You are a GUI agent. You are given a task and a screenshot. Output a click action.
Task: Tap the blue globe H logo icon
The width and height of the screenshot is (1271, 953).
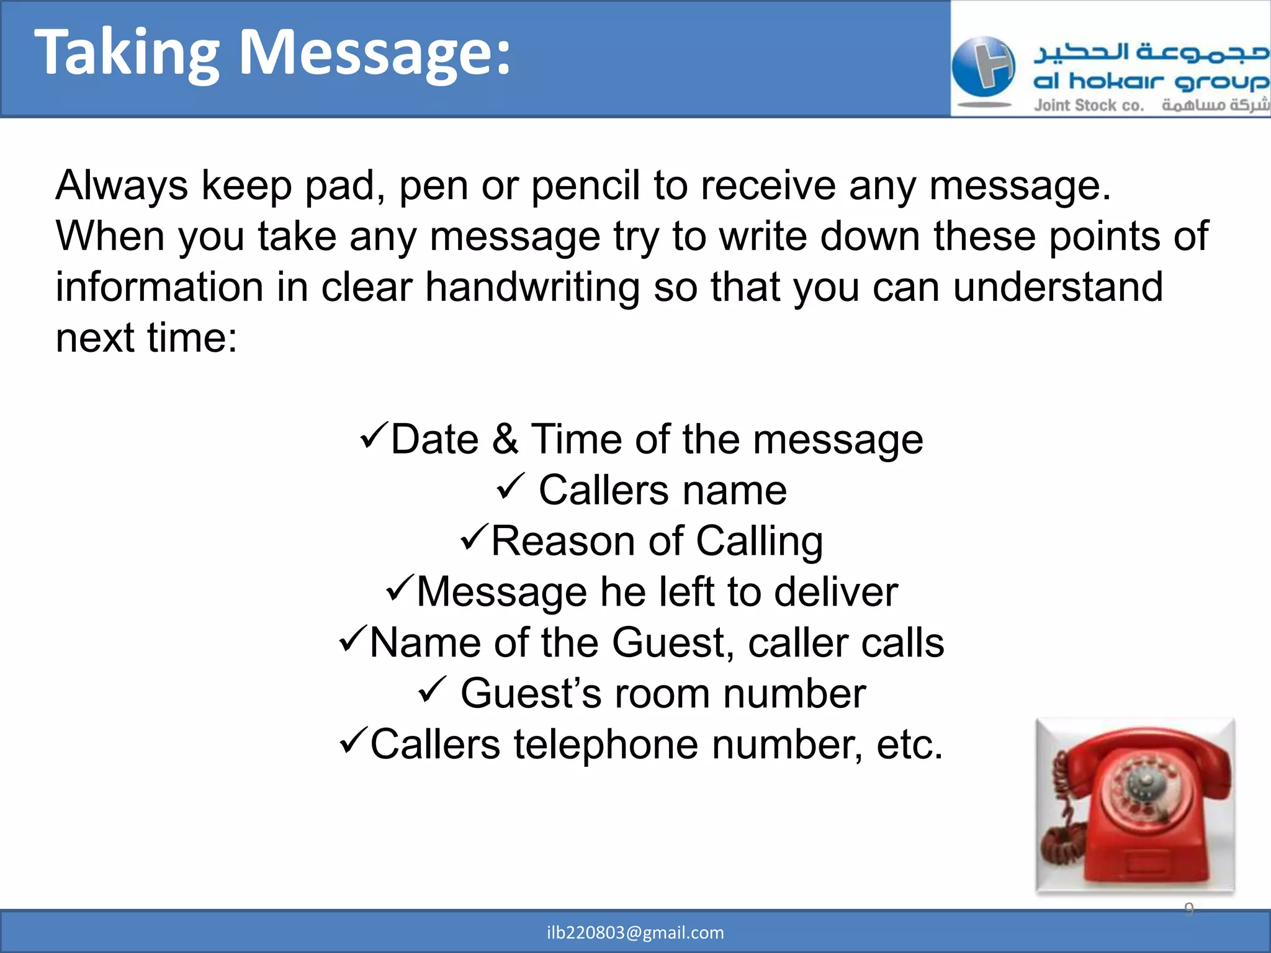point(983,67)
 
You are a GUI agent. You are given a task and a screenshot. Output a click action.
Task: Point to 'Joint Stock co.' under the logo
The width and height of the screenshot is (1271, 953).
point(1088,105)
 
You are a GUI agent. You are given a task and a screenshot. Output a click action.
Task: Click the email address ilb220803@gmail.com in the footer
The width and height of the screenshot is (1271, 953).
point(635,933)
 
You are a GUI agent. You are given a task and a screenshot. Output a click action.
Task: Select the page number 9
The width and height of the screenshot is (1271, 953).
point(1188,909)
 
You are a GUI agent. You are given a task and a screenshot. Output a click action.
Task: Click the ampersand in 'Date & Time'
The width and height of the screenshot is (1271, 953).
point(505,439)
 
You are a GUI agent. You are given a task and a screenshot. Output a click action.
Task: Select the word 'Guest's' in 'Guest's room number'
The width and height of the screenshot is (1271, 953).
point(531,694)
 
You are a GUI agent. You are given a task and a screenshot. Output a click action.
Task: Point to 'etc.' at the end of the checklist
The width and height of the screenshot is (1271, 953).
point(909,745)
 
